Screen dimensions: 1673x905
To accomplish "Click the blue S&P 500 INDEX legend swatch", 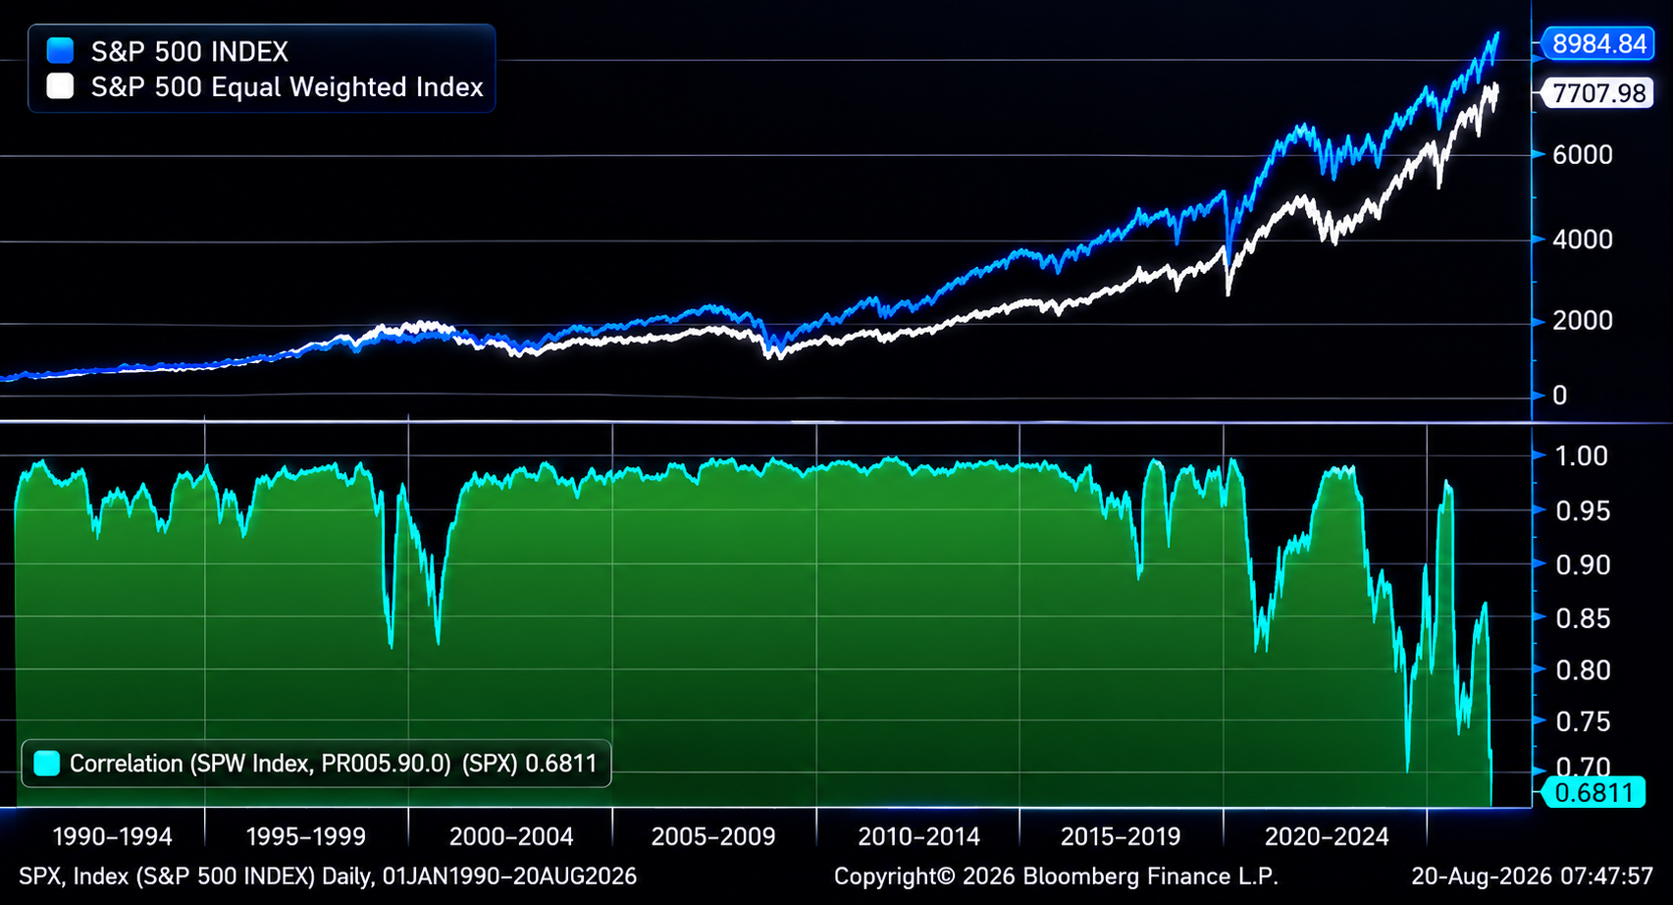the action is pyautogui.click(x=60, y=51).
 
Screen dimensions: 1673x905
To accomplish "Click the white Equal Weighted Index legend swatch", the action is pyautogui.click(x=60, y=86).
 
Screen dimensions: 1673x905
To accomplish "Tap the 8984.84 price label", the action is pyautogui.click(x=1599, y=44).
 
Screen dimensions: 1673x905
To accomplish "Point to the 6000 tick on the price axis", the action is pyautogui.click(x=1582, y=155).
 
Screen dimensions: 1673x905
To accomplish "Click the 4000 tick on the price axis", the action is pyautogui.click(x=1582, y=240).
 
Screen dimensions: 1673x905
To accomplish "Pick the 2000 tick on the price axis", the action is pyautogui.click(x=1582, y=321).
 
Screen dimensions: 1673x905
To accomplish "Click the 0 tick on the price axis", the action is pyautogui.click(x=1560, y=396).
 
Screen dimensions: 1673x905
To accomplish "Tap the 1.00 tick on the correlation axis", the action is pyautogui.click(x=1581, y=455).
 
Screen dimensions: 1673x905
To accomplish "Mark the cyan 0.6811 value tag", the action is pyautogui.click(x=1595, y=792).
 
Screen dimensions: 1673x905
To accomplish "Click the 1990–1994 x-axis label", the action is pyautogui.click(x=112, y=836).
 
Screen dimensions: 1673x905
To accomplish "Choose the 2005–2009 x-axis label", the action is pyautogui.click(x=713, y=836).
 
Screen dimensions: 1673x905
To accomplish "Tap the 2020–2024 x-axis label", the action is pyautogui.click(x=1327, y=836).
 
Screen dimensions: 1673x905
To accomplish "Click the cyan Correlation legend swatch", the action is pyautogui.click(x=47, y=763).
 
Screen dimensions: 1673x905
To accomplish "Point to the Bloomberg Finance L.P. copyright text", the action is pyautogui.click(x=1056, y=876).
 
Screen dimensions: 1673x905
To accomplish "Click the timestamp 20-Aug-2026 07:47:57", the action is pyautogui.click(x=1532, y=876).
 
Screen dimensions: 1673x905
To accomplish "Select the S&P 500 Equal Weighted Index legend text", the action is pyautogui.click(x=288, y=86).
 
